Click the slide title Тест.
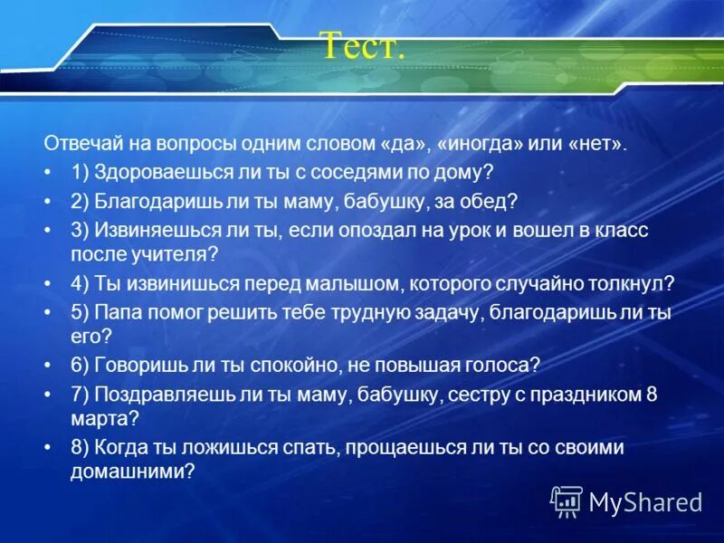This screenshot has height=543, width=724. point(362,44)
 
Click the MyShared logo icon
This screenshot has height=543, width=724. point(567,500)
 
